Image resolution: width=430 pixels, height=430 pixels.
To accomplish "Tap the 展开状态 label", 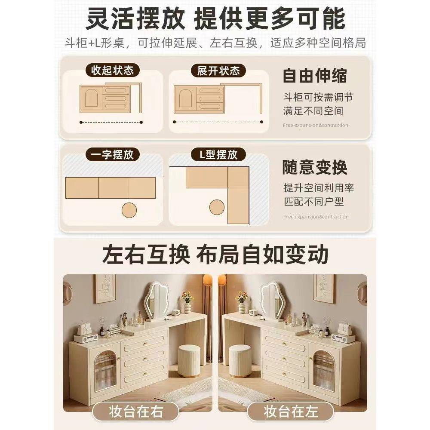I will (218, 70).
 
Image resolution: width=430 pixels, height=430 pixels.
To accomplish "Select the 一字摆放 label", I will (113, 155).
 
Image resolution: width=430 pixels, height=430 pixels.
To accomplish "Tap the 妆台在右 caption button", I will (135, 412).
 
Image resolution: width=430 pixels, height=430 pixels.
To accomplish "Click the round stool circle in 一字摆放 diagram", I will (129, 210).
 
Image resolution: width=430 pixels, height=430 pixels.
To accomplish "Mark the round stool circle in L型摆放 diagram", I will (217, 207).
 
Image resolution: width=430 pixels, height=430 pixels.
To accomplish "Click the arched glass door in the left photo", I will (105, 370).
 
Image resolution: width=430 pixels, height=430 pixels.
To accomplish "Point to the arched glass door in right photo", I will (325, 370).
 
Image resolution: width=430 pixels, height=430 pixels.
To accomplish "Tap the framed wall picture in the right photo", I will (325, 288).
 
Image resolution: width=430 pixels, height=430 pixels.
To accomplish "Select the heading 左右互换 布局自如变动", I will (215, 255).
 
